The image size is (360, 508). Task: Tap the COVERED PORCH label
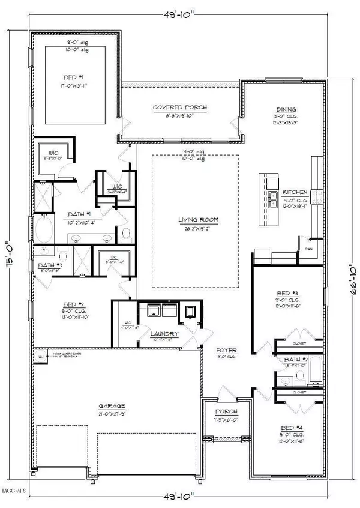[179, 107]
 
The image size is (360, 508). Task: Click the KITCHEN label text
[295, 193]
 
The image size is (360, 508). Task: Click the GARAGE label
[112, 406]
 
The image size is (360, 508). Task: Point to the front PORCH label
[226, 411]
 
